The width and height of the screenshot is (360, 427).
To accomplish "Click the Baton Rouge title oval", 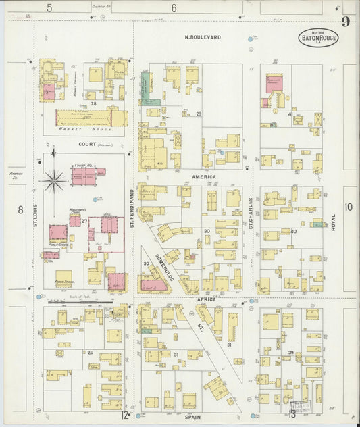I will coord(319,38).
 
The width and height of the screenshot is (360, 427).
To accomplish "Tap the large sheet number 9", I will coord(345,22).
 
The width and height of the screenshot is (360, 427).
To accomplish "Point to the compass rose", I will coord(53,180).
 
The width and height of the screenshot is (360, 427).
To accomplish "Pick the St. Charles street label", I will coord(250,211).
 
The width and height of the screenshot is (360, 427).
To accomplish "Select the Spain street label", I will coord(193,418).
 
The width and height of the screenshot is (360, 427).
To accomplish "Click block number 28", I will coord(94,103).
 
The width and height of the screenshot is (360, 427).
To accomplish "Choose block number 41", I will coord(290,114).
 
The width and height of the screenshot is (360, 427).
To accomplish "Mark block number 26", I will coord(89,352).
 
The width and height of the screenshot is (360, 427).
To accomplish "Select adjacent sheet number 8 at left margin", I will coord(20,209).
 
